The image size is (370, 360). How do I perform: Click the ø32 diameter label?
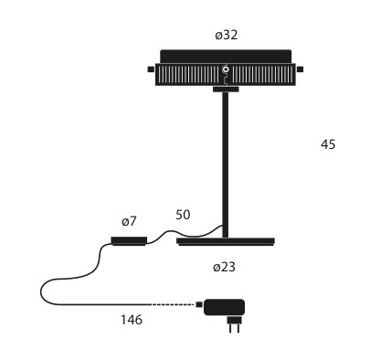[226, 35]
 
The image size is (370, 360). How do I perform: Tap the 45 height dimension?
[328, 144]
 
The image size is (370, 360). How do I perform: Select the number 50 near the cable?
[183, 215]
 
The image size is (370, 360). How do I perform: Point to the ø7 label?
[129, 221]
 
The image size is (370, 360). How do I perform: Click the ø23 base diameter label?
[224, 267]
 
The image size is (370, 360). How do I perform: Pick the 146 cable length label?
[132, 320]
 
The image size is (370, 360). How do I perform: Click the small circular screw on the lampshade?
[226, 69]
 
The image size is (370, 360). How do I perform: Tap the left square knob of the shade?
[151, 69]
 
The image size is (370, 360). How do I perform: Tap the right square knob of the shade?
[301, 69]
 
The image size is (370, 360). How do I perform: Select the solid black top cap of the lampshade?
[226, 57]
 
